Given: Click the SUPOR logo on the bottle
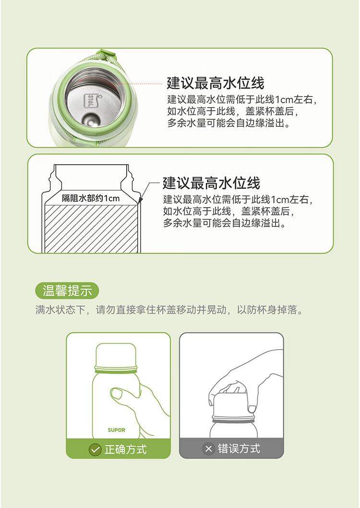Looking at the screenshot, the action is coord(117,430).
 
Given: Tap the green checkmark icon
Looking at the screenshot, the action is coord(95,450).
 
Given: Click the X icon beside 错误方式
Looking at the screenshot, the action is coord(208,449).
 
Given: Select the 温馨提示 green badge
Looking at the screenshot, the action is coord(67,290).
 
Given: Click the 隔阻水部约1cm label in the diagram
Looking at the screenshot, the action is coord(91,198).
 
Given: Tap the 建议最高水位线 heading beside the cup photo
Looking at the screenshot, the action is coord(216,83).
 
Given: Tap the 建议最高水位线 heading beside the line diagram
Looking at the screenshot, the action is coord(211,183).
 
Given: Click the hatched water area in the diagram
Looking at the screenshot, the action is coord(91,229).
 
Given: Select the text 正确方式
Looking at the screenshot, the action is coord(126,450).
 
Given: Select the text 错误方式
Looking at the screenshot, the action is coord(239,449).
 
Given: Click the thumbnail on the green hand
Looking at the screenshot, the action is coord(116,394).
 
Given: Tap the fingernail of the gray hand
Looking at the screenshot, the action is coord(252,409).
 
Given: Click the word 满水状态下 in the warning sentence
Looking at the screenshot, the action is coord(60,310).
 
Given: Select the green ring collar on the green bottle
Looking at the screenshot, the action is coord(116,369).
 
